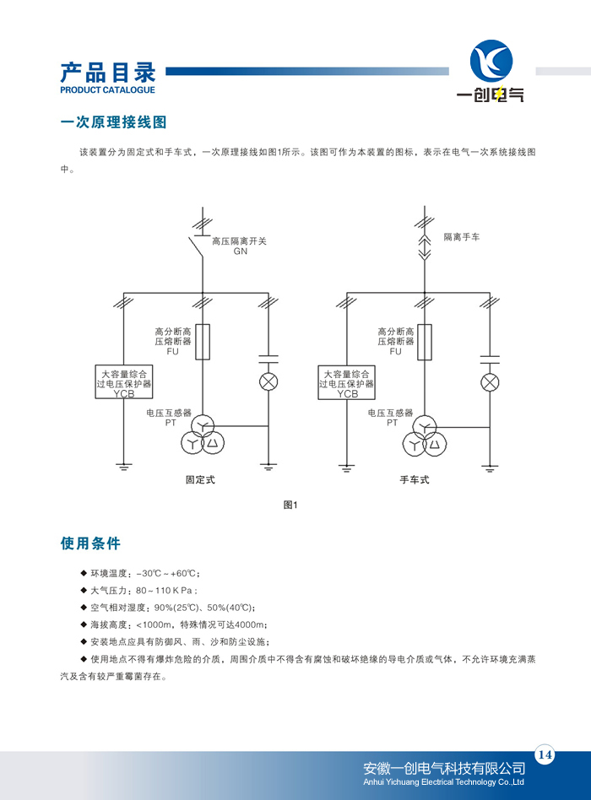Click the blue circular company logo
[x=491, y=61]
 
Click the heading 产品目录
[x=108, y=73]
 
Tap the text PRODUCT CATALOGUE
[x=108, y=89]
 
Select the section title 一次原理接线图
[x=113, y=122]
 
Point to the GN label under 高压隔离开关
[x=241, y=251]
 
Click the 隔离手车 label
[x=461, y=237]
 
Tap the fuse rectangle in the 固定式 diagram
[x=203, y=342]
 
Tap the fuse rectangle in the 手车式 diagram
[x=425, y=342]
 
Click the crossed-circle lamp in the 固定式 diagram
[x=268, y=381]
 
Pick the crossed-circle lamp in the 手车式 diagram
[x=490, y=382]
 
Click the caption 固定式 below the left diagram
[x=200, y=479]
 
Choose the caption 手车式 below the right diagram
[x=415, y=479]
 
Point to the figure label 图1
[x=290, y=505]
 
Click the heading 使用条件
[x=90, y=543]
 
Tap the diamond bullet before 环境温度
[x=84, y=573]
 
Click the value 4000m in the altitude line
[x=250, y=624]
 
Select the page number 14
[x=545, y=754]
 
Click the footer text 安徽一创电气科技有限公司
[x=444, y=769]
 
